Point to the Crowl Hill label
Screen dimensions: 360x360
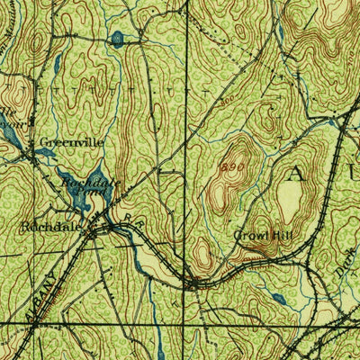pos(264,236)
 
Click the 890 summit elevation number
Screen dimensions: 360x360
pos(232,166)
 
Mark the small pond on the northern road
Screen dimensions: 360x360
pos(117,38)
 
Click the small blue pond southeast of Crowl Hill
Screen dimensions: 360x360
pos(278,298)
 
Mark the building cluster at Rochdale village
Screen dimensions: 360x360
pos(112,229)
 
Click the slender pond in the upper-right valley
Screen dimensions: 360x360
pos(280,36)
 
